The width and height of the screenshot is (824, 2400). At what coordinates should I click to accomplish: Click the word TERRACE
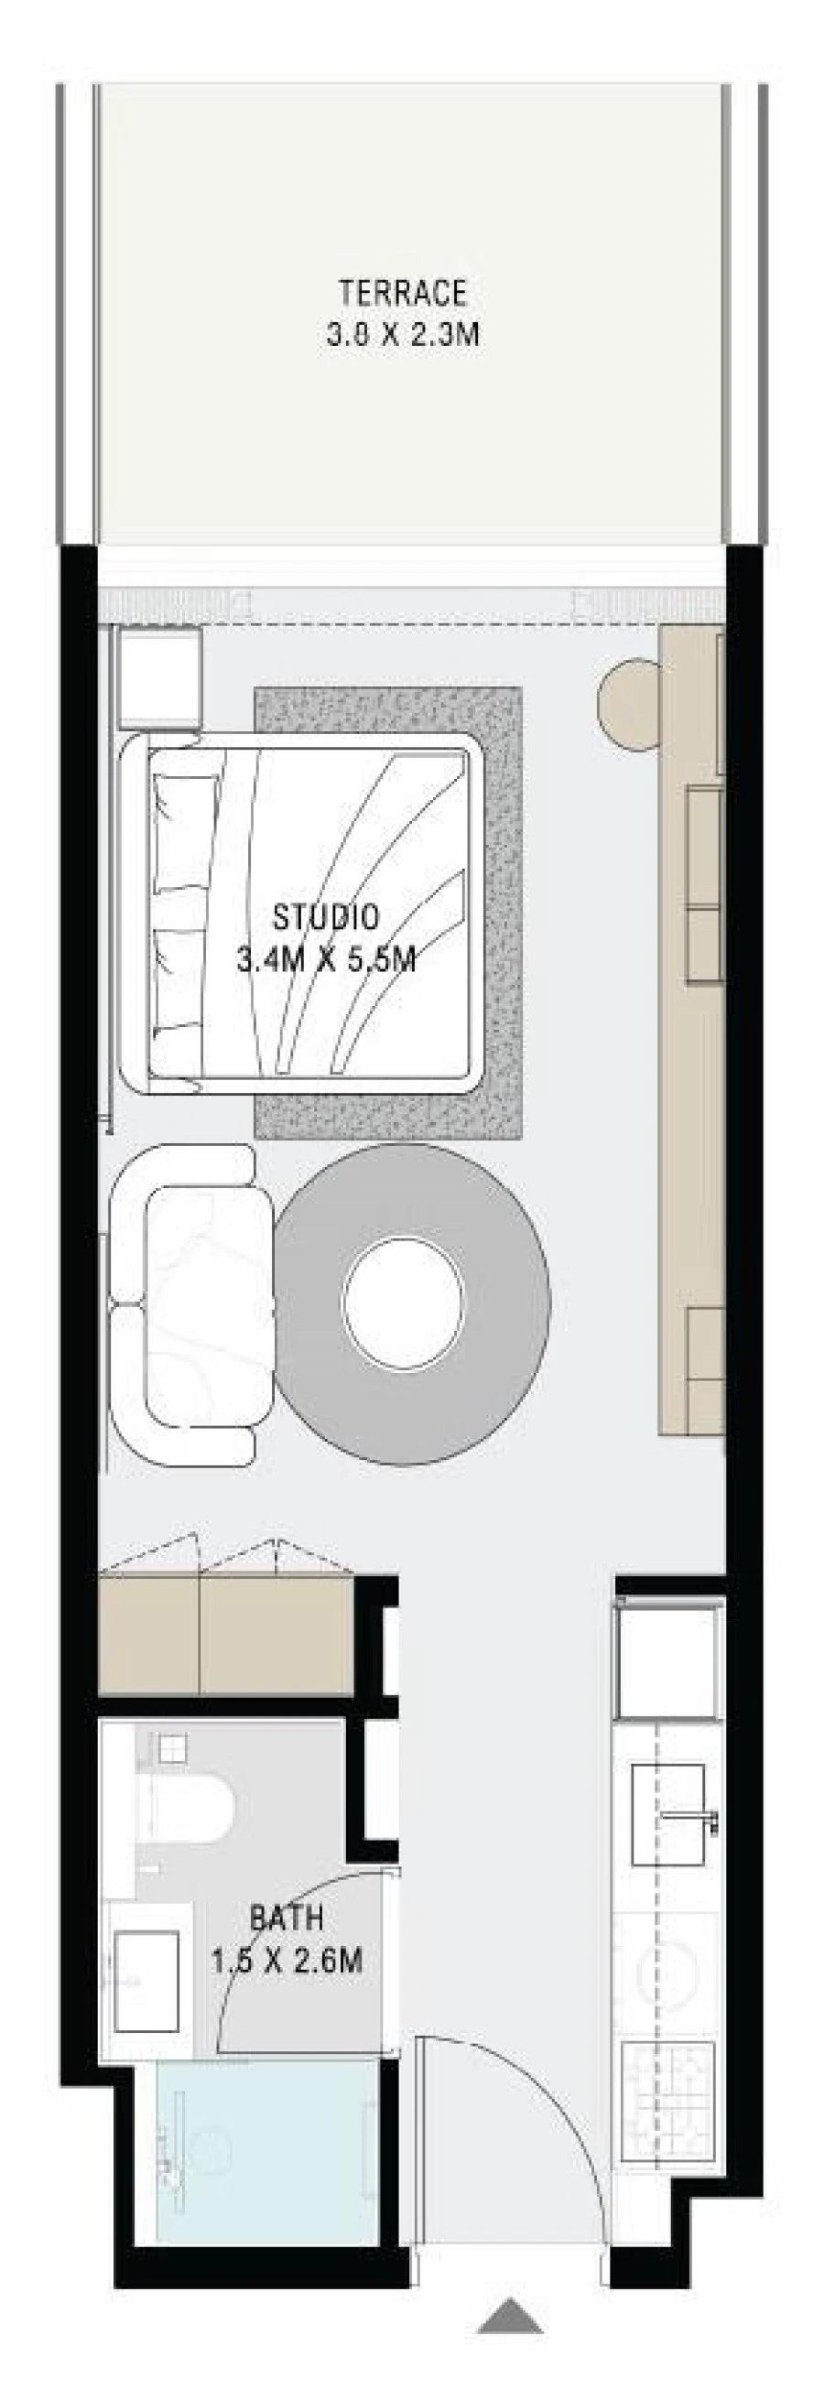click(403, 294)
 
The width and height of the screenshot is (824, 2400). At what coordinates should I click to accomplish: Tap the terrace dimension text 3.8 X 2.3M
click(403, 334)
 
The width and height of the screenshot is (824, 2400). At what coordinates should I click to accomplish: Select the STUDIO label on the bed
click(325, 917)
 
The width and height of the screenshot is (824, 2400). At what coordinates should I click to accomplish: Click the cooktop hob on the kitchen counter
click(668, 2096)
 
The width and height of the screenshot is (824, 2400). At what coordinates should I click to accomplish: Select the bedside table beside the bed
click(159, 676)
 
